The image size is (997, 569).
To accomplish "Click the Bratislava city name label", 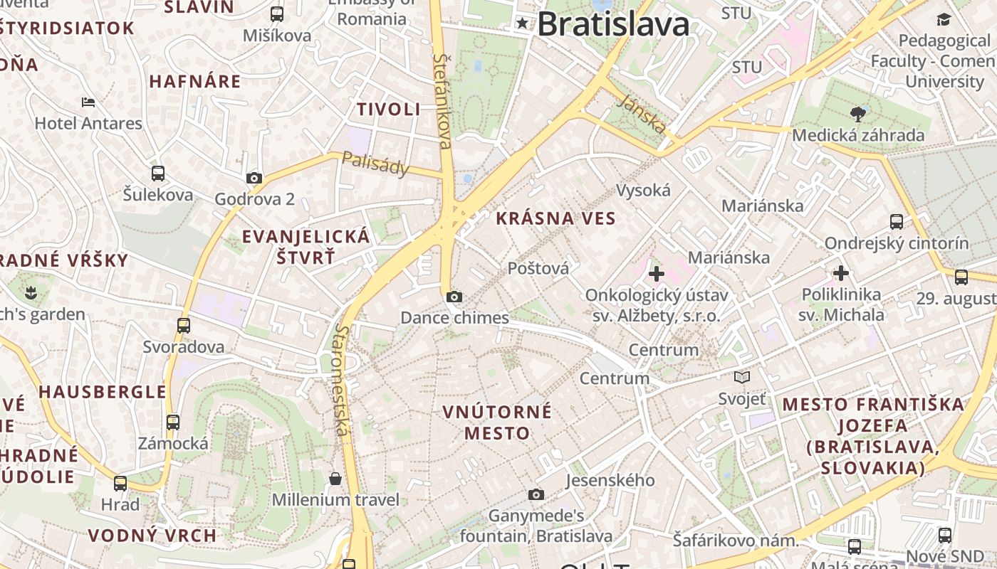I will (x=613, y=24).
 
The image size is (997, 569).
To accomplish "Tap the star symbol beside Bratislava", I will (x=523, y=23).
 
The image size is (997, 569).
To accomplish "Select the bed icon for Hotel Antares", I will (x=88, y=102).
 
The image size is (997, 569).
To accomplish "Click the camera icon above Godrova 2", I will (x=254, y=178).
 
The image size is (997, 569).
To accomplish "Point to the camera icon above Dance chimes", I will (x=454, y=297).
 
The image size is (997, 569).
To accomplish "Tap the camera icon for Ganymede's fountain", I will (x=536, y=494).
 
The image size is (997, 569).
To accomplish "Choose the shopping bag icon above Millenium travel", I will (x=335, y=478).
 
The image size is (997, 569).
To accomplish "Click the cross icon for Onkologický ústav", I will (x=657, y=273).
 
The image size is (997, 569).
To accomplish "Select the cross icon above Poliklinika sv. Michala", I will (x=841, y=272).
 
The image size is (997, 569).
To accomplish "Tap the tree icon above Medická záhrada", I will (x=858, y=114).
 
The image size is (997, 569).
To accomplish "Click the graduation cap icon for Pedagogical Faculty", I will (x=944, y=19).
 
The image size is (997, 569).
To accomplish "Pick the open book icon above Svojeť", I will (x=742, y=378).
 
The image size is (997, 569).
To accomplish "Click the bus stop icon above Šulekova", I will (x=158, y=173).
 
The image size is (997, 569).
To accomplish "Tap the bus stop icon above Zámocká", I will (x=173, y=422).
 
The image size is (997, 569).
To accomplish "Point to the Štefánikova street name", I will (x=442, y=101).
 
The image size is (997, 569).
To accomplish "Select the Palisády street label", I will (x=376, y=164).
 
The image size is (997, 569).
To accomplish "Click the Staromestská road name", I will (x=343, y=381).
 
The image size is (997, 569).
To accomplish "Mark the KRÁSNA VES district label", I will (x=555, y=218).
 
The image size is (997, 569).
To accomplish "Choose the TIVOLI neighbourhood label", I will (x=389, y=110).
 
